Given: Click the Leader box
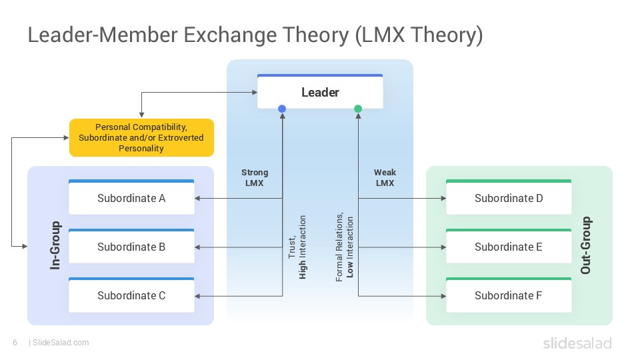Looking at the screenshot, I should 320,93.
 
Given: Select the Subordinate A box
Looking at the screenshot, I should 131,198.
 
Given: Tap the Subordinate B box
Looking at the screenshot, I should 131,247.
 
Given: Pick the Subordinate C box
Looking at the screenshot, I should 131,295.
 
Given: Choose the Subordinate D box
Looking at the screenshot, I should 508,198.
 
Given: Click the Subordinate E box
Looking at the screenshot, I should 508,247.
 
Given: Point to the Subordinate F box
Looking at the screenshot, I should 508,295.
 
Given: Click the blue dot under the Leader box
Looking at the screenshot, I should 282,109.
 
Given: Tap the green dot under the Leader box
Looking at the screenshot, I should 358,109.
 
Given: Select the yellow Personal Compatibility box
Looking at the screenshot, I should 141,137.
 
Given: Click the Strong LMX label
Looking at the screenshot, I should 255,177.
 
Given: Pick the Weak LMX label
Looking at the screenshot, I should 385,177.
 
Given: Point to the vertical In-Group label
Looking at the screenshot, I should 55,245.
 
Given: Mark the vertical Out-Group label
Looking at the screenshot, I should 585,245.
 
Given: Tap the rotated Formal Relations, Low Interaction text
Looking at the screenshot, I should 345,247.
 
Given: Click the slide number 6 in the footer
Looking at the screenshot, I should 15,343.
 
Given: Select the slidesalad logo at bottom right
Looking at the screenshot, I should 576,343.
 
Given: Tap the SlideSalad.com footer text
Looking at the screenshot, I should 60,343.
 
